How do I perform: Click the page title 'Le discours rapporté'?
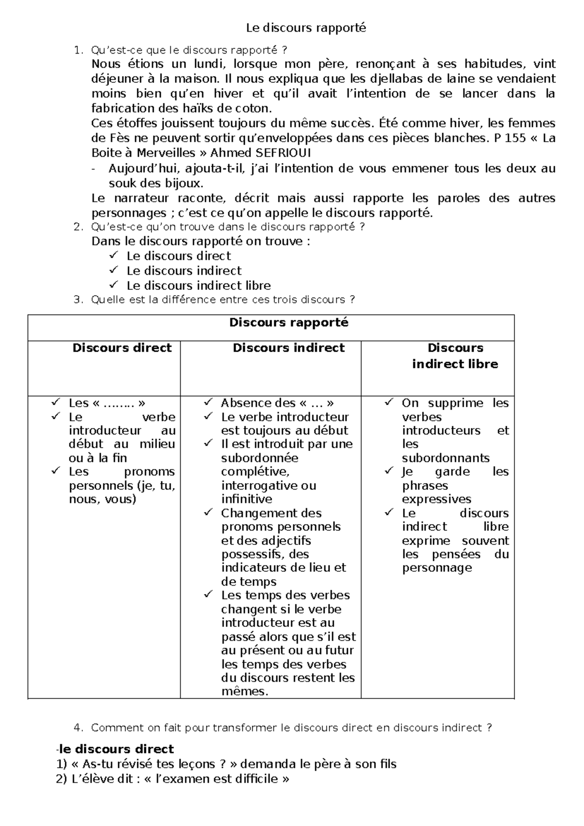coord(306,28)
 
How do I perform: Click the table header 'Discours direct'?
coord(122,348)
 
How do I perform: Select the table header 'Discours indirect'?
coord(288,348)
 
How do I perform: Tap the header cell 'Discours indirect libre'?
coord(455,356)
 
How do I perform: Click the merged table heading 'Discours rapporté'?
coord(289,322)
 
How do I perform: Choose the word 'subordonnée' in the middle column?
coord(259,458)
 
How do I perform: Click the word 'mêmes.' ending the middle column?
coord(245,691)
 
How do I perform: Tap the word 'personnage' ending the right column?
coord(437,567)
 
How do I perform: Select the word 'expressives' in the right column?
coord(437,499)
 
